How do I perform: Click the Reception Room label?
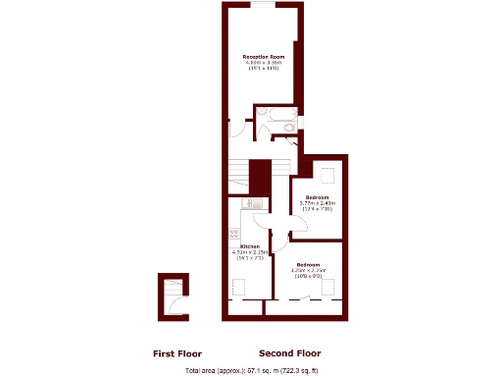pyautogui.click(x=262, y=57)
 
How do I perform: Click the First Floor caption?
pyautogui.click(x=177, y=353)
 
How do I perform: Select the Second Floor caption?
pyautogui.click(x=289, y=353)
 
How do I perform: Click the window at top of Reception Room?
pyautogui.click(x=262, y=5)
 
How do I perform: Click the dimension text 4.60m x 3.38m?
pyautogui.click(x=262, y=63)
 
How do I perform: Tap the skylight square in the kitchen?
pyautogui.click(x=239, y=286)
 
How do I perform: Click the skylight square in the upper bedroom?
pyautogui.click(x=327, y=175)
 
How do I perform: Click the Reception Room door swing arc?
pyautogui.click(x=236, y=128)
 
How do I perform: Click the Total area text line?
pyautogui.click(x=251, y=370)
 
